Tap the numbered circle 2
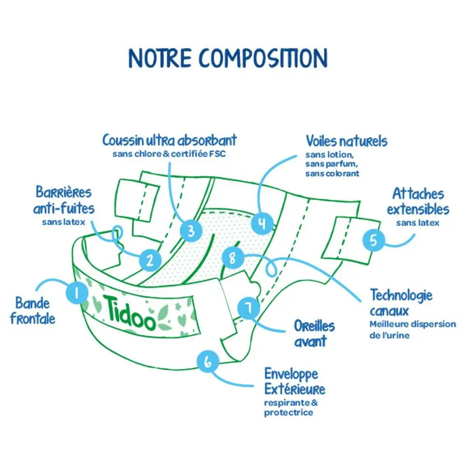point(150,261)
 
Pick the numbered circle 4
point(262,223)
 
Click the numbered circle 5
point(373,240)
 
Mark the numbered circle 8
point(233,258)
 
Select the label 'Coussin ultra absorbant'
point(170,140)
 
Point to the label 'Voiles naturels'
point(346,141)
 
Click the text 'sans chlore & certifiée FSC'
point(169,154)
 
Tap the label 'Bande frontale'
point(35,310)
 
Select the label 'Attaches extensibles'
point(418,201)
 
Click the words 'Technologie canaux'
point(401,302)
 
